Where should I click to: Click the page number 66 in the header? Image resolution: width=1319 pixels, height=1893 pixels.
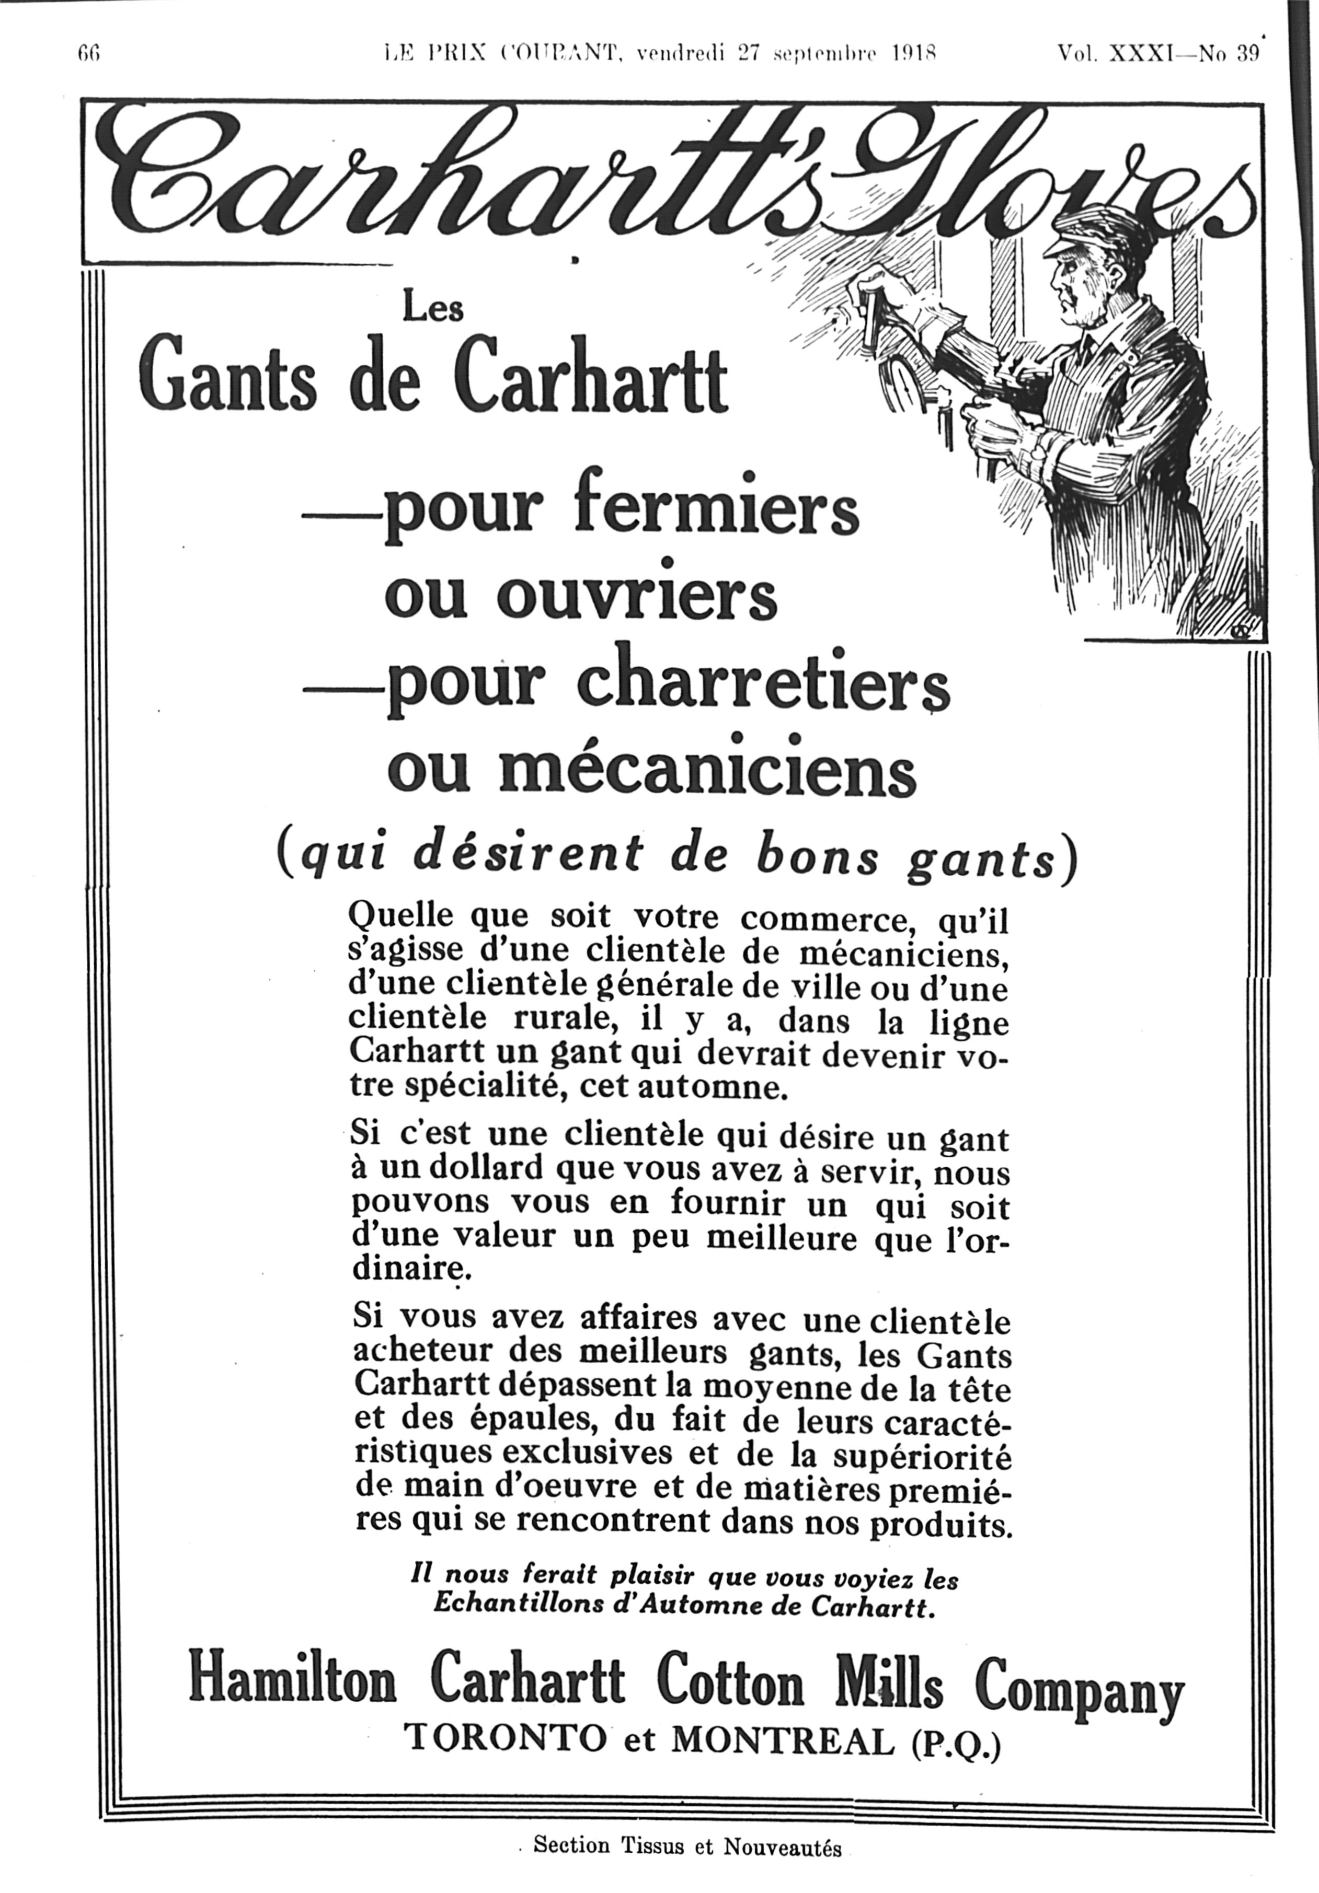pyautogui.click(x=88, y=54)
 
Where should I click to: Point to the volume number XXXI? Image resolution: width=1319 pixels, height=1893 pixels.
pyautogui.click(x=1142, y=54)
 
